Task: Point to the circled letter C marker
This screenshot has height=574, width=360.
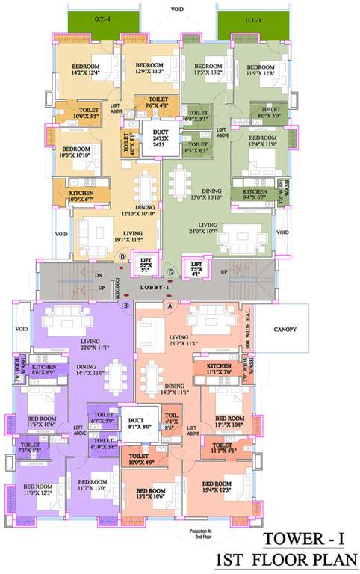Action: click(x=170, y=271)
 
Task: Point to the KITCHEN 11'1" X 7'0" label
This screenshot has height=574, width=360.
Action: click(x=214, y=368)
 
